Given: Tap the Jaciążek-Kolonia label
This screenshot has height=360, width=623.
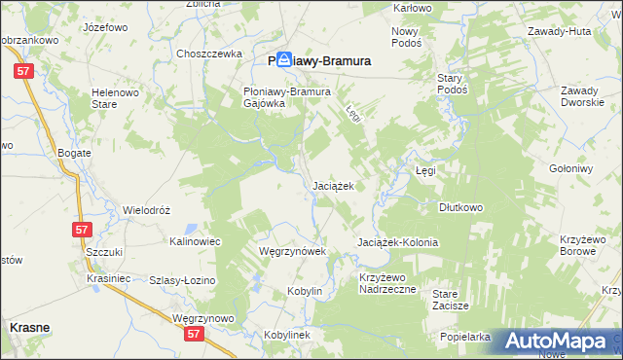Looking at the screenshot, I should pyautogui.click(x=397, y=242).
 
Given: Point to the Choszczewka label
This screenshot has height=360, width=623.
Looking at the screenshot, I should pyautogui.click(x=208, y=54).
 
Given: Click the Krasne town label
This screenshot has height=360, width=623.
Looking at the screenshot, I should pyautogui.click(x=29, y=329).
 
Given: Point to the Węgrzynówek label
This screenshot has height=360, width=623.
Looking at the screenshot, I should pyautogui.click(x=283, y=251).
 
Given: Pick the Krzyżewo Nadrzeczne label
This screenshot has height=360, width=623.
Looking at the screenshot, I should pyautogui.click(x=386, y=283).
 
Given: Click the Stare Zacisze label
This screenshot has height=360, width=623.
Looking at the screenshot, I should pyautogui.click(x=451, y=300).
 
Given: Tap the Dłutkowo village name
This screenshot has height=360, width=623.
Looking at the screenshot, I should pyautogui.click(x=461, y=207).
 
